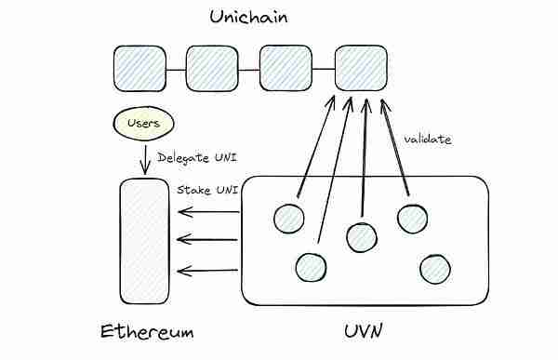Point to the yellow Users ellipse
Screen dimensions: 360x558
pyautogui.click(x=142, y=123)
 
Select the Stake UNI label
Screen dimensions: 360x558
pyautogui.click(x=207, y=190)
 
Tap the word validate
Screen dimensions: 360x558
pyautogui.click(x=428, y=139)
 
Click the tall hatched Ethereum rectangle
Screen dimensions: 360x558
pyautogui.click(x=146, y=239)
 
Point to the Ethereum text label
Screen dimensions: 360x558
pyautogui.click(x=146, y=331)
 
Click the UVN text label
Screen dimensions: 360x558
pyautogui.click(x=364, y=331)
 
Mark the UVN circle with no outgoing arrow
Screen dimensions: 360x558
pyautogui.click(x=434, y=269)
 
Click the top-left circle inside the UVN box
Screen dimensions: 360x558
pyautogui.click(x=289, y=219)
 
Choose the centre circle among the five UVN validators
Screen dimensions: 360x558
pyautogui.click(x=361, y=236)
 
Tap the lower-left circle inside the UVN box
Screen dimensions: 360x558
pyautogui.click(x=311, y=268)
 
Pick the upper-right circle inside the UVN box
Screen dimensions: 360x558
pyautogui.click(x=411, y=219)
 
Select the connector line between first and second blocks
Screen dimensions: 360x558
pyautogui.click(x=176, y=68)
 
